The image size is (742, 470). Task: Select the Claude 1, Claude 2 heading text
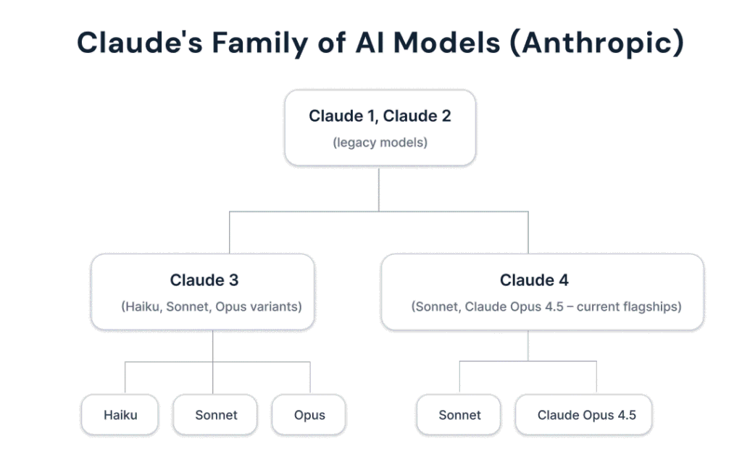[x=380, y=116]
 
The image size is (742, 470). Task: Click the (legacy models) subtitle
[x=380, y=143]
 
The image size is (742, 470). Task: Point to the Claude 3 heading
[x=204, y=280]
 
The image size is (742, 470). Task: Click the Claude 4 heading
[x=534, y=280]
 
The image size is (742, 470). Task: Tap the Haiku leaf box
[x=120, y=415]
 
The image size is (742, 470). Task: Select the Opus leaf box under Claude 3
[x=309, y=415]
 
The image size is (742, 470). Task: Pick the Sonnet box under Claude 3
[x=216, y=415]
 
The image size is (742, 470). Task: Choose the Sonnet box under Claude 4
[x=459, y=415]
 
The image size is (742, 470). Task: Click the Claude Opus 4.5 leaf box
[x=586, y=415]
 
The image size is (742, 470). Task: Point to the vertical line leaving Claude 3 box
[x=213, y=345]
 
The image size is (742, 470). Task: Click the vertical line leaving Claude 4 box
[x=528, y=345]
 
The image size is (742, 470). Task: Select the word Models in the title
[x=444, y=42]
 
